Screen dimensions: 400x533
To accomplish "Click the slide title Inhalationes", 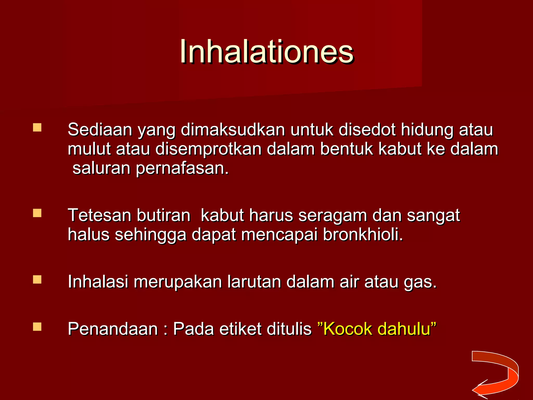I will click(266, 51).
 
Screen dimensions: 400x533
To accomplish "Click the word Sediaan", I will click(100, 129).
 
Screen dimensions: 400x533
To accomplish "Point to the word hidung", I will click(427, 130).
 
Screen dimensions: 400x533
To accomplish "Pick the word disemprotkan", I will click(208, 149).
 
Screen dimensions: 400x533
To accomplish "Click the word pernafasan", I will click(182, 168).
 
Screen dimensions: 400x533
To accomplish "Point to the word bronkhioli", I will click(363, 234).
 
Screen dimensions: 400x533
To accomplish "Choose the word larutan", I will click(254, 282).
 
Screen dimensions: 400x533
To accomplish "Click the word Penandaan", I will click(113, 329).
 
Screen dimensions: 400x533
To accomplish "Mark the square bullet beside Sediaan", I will click(37, 128).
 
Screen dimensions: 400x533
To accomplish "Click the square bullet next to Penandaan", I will click(37, 327).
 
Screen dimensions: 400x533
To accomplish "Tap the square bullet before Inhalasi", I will click(37, 280).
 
